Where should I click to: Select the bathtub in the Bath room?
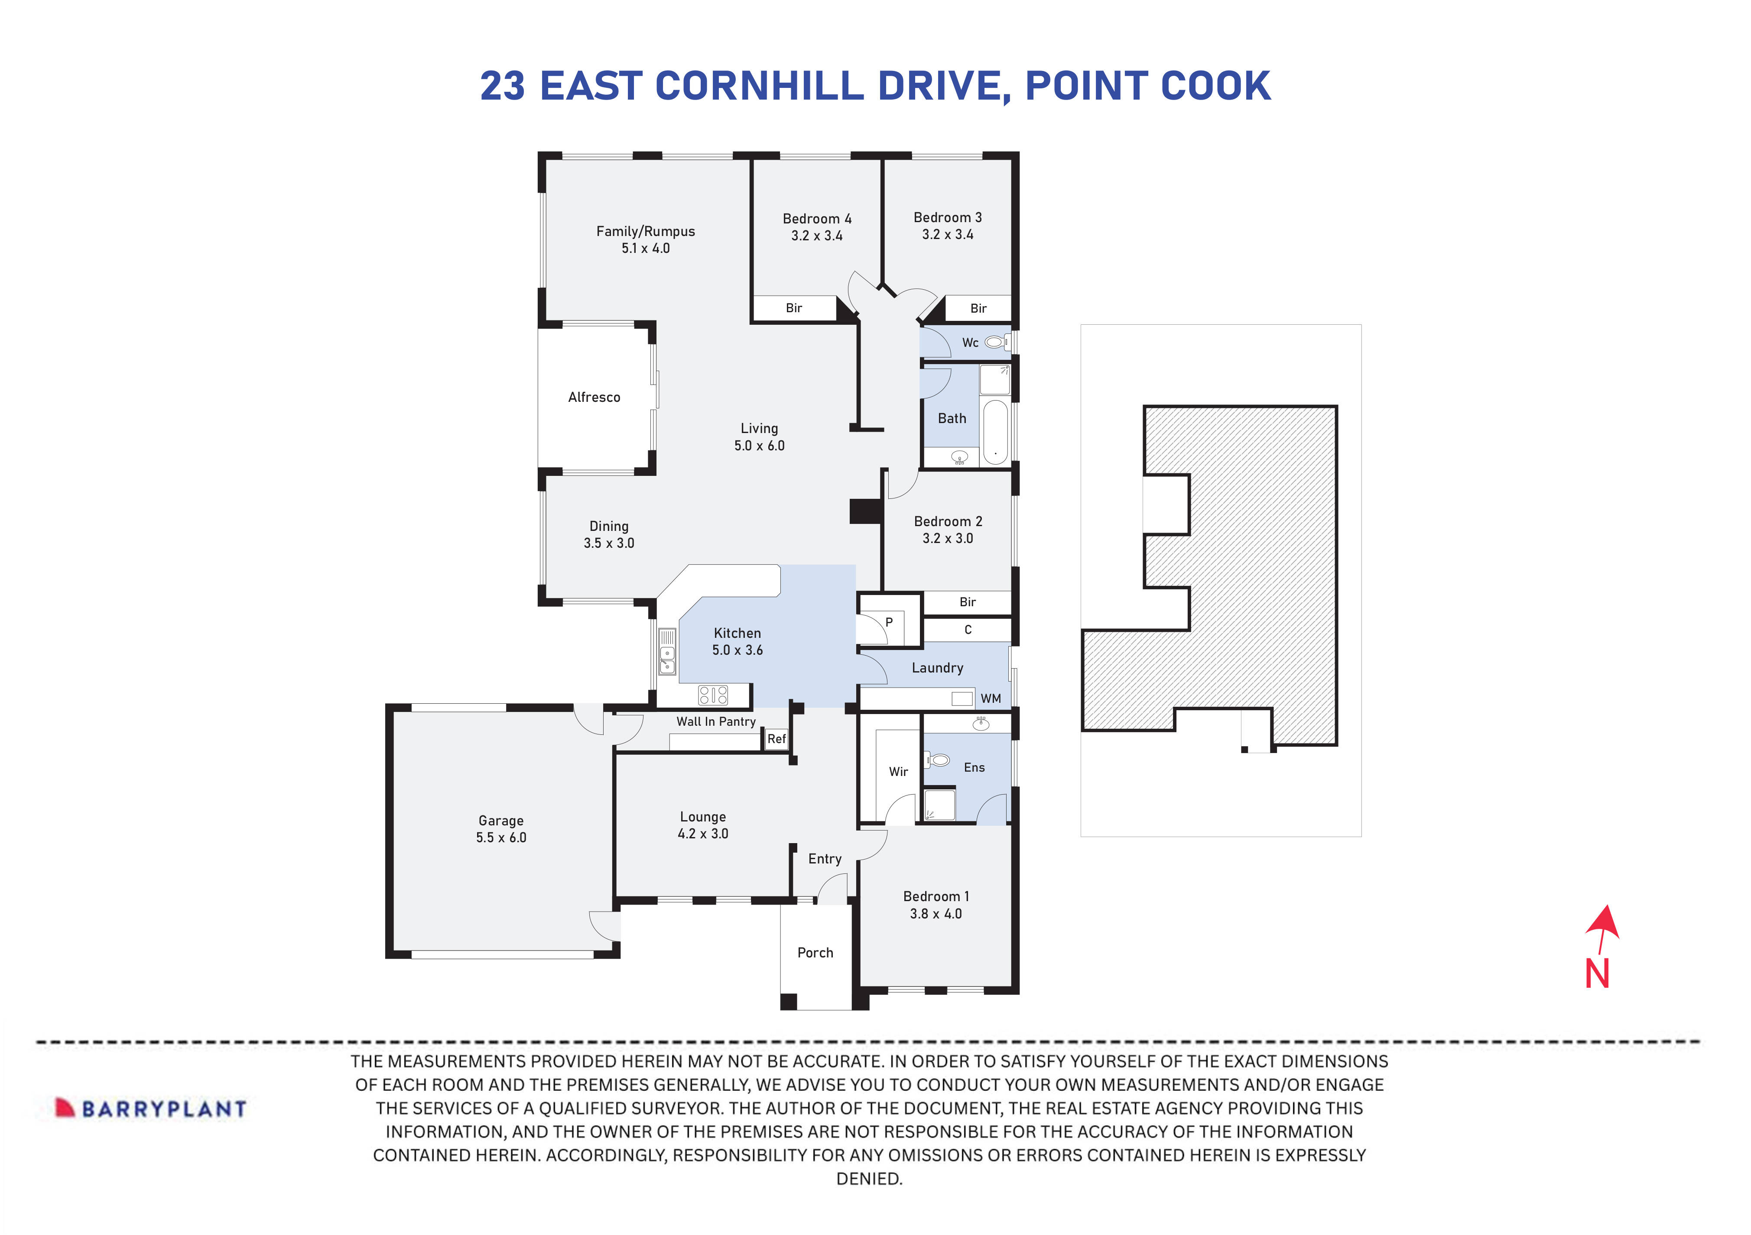[x=995, y=431]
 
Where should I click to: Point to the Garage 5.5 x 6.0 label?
[x=501, y=829]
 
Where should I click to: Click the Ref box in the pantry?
[x=776, y=739]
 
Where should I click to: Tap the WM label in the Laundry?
[x=991, y=698]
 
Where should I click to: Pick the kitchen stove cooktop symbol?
[x=713, y=695]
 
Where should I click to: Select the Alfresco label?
[x=594, y=397]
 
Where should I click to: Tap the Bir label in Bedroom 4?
[x=794, y=308]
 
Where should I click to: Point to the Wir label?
[x=898, y=772]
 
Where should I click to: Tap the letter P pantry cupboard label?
[x=888, y=622]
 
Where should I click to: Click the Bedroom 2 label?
[x=948, y=521]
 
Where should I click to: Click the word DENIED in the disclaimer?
[x=869, y=1179]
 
